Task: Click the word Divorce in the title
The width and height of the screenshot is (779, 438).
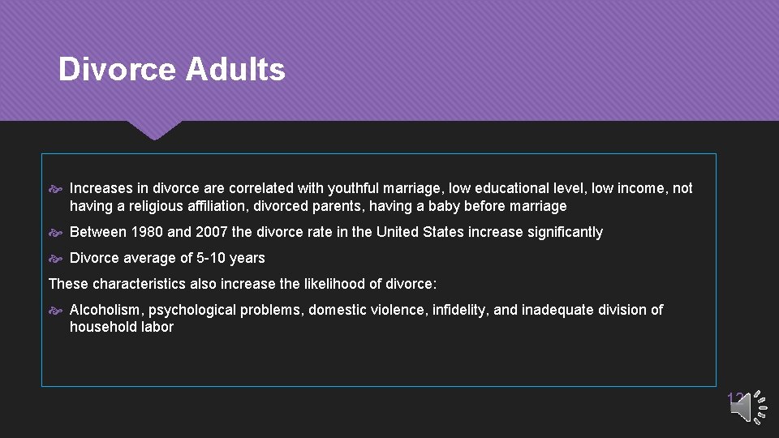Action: (117, 70)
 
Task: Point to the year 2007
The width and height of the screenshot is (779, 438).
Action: (211, 232)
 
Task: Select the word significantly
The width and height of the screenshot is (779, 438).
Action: (565, 232)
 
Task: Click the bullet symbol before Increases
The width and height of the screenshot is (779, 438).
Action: (57, 189)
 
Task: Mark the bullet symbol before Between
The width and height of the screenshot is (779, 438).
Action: (57, 233)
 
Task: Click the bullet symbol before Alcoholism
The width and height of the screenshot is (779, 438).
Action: (57, 311)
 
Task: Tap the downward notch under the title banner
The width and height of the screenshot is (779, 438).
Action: (154, 130)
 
